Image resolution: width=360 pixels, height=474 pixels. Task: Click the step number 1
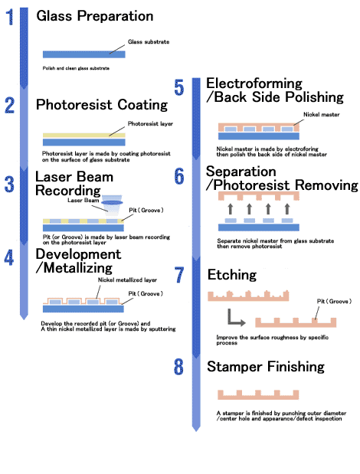pyautogui.click(x=10, y=17)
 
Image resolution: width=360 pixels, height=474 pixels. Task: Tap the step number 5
pyautogui.click(x=179, y=87)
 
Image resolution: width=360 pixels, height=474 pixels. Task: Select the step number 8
pyautogui.click(x=178, y=366)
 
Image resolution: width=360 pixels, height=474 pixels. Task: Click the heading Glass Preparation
pyautogui.click(x=95, y=16)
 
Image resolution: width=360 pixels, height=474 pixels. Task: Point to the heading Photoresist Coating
pyautogui.click(x=102, y=105)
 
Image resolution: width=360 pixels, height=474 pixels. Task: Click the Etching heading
pyautogui.click(x=232, y=275)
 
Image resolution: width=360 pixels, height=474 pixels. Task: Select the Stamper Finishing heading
pyautogui.click(x=266, y=366)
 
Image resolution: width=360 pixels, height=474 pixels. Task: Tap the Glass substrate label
pyautogui.click(x=149, y=41)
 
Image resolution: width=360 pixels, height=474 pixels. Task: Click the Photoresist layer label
pyautogui.click(x=150, y=123)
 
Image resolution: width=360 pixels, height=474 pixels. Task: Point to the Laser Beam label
pyautogui.click(x=83, y=200)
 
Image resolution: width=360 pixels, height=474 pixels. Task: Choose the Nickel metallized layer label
pyautogui.click(x=127, y=280)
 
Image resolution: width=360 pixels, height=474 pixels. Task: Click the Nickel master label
pyautogui.click(x=321, y=115)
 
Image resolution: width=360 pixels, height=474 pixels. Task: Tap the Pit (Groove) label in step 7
pyautogui.click(x=334, y=302)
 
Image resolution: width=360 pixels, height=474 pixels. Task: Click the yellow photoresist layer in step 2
pyautogui.click(x=84, y=136)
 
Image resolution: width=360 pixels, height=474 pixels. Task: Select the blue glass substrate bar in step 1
pyautogui.click(x=84, y=54)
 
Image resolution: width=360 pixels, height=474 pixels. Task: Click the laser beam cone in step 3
pyautogui.click(x=112, y=205)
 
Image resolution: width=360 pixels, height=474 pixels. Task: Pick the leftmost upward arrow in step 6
pyautogui.click(x=231, y=209)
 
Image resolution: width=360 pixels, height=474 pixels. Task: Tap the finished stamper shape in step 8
pyautogui.click(x=258, y=396)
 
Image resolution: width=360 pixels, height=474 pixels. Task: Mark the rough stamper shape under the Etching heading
pyautogui.click(x=248, y=296)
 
